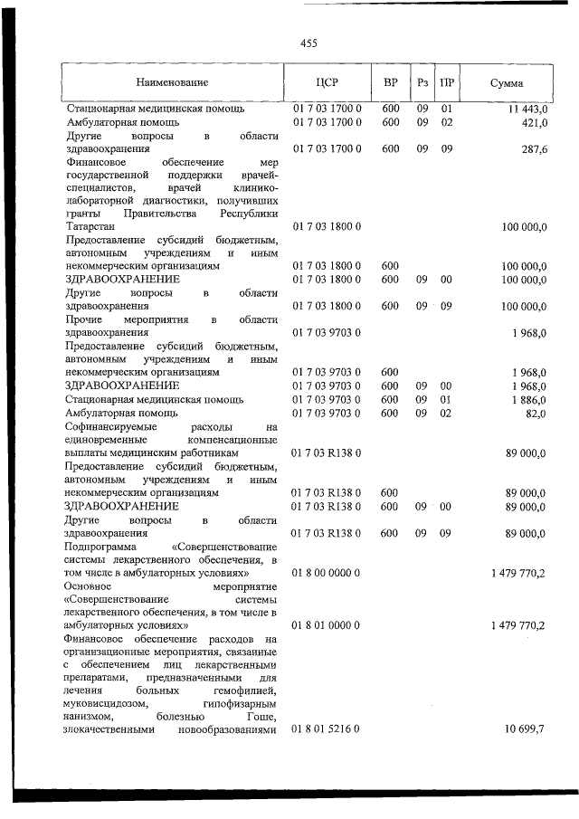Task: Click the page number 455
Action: point(308,43)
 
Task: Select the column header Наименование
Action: point(173,82)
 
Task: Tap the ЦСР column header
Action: point(327,82)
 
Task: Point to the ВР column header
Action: point(391,82)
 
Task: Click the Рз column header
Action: point(422,82)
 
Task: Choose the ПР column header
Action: point(446,82)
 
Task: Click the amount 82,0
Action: point(536,413)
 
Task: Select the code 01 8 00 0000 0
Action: point(327,573)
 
